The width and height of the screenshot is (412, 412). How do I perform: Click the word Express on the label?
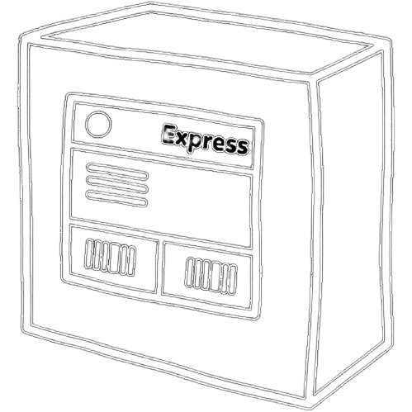(206, 140)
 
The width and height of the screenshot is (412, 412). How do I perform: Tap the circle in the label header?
(98, 125)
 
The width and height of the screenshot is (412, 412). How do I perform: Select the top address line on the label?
(117, 171)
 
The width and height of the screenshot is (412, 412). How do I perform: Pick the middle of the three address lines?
(117, 183)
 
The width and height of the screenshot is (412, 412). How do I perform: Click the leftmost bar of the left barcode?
(89, 253)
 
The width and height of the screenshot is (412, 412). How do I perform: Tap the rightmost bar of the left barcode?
(132, 261)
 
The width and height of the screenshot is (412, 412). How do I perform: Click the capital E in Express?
(168, 135)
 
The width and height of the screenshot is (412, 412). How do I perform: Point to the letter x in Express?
(182, 140)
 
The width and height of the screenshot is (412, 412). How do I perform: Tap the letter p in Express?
(195, 144)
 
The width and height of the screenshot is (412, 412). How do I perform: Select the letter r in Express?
(207, 143)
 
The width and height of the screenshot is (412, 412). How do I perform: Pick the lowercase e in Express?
(219, 145)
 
